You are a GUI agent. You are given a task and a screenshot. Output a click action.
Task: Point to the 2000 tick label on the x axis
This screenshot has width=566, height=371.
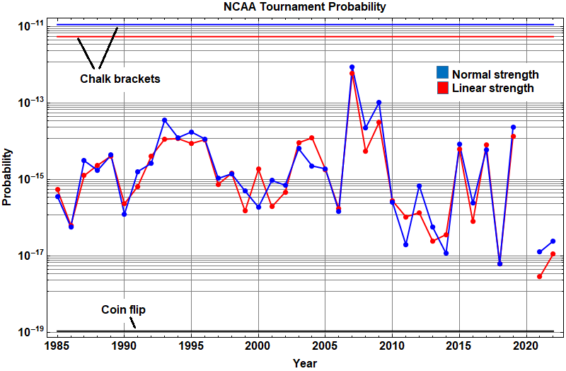coord(258,346)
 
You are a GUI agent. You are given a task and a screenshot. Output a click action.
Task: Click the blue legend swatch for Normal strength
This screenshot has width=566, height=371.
coord(442,72)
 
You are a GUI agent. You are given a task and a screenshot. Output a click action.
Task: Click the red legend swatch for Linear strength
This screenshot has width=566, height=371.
coord(442,87)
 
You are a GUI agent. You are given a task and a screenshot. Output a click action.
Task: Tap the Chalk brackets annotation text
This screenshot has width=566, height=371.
coord(120,79)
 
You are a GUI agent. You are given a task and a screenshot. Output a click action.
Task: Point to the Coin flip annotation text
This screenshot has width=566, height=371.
coord(124,309)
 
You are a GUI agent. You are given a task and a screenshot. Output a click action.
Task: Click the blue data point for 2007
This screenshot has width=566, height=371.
coord(352,67)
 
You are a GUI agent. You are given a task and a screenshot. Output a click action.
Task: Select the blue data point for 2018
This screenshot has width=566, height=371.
coord(499,263)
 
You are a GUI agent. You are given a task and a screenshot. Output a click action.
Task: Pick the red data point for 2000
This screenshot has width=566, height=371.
coord(258,169)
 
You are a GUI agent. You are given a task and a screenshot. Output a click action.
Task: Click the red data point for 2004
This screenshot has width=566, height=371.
coord(312,138)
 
